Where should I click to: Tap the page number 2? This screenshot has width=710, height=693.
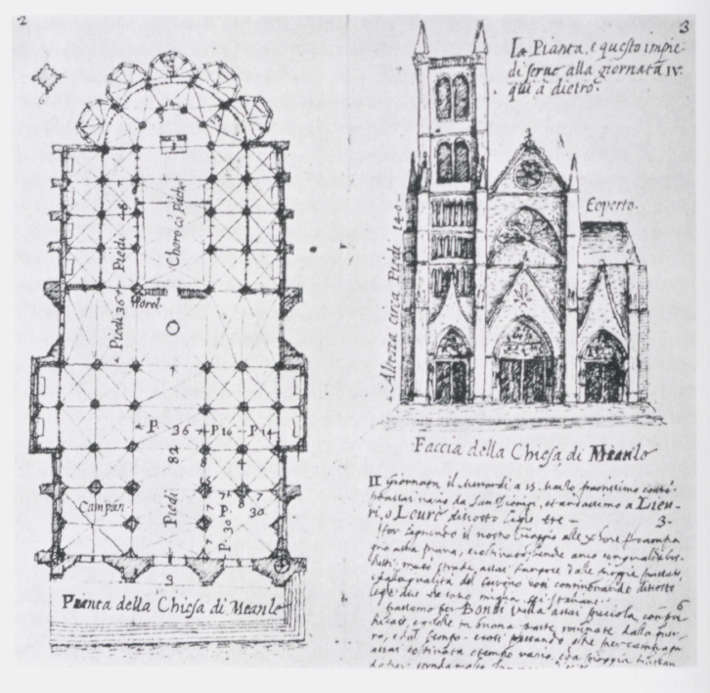click(x=20, y=22)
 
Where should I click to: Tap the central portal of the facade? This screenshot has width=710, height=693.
click(x=525, y=362)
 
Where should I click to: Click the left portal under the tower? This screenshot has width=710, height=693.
click(x=452, y=367)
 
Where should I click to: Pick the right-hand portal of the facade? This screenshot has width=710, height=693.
click(x=603, y=367)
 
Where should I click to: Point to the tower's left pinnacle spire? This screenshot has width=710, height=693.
click(x=421, y=39)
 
